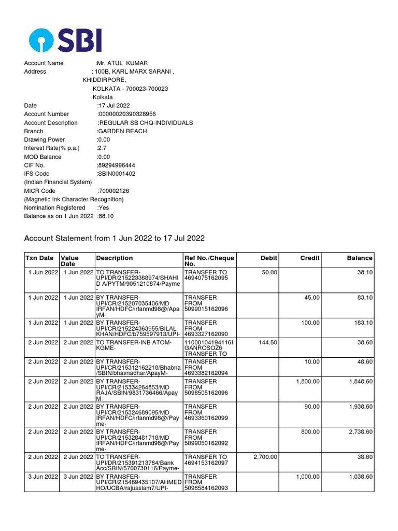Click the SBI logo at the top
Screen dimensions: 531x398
pos(65,40)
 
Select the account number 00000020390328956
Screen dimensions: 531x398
pos(127,114)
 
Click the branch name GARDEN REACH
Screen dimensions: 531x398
pos(122,131)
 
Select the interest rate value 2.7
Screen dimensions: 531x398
pos(102,148)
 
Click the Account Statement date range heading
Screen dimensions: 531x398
pos(115,238)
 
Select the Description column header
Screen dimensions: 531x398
pos(115,258)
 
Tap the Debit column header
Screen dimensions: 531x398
pos(268,258)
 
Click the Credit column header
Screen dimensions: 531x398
pos(310,258)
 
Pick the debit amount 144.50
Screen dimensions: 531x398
pos(267,343)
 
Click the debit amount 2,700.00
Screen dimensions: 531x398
pos(265,457)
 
